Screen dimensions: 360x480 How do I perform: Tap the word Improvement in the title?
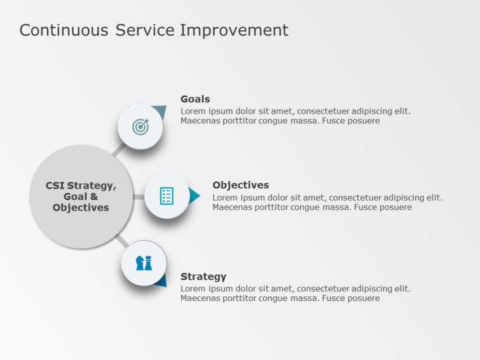coord(234,30)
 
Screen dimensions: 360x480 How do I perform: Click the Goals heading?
coord(195,99)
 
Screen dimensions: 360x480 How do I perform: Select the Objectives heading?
coord(240,185)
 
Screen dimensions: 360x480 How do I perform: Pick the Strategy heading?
coord(203,276)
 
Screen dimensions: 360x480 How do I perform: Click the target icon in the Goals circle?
coord(140,127)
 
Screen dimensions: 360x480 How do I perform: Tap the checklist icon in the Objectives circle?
coord(167,196)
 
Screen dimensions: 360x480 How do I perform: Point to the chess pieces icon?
coord(144,263)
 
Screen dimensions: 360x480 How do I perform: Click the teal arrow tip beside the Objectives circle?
coord(195,196)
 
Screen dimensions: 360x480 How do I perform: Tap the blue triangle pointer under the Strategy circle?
coord(161,281)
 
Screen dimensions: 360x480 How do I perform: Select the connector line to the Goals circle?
coord(118,150)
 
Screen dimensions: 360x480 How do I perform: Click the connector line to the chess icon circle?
coord(121,241)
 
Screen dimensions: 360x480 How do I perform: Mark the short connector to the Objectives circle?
coord(138,197)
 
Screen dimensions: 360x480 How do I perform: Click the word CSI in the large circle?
coord(55,186)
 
